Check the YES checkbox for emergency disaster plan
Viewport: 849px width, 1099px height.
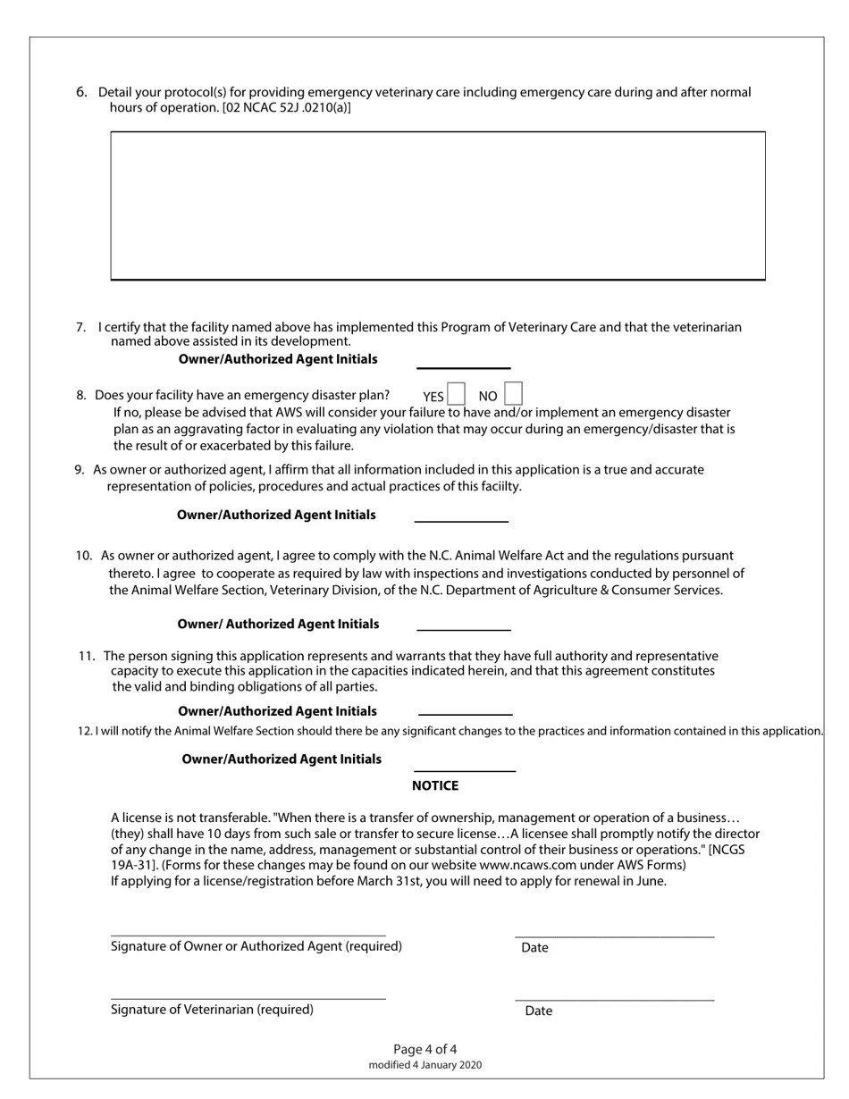pos(456,394)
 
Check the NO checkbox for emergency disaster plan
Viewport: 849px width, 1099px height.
pos(512,394)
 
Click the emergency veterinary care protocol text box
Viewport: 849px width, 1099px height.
pos(438,206)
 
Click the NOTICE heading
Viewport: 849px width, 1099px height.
pos(435,785)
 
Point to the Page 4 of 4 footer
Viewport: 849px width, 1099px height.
pos(425,1049)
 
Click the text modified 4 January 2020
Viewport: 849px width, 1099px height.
pos(425,1065)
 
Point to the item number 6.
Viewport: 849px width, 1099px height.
pos(82,92)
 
